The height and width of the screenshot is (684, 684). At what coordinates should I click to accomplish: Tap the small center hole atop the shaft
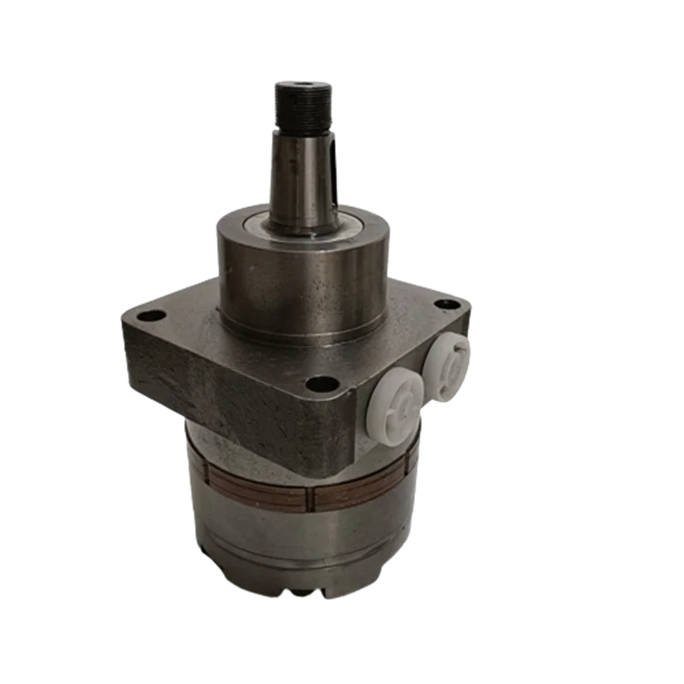pyautogui.click(x=295, y=85)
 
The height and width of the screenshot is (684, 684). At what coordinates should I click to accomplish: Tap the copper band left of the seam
pyautogui.click(x=255, y=493)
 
